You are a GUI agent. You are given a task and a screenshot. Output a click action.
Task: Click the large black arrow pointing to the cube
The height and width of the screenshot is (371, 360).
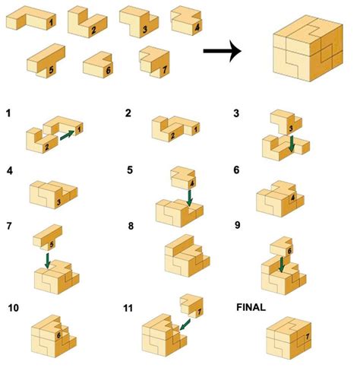[222, 52]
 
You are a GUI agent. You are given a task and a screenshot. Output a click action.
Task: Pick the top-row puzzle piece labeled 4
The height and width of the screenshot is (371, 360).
[186, 21]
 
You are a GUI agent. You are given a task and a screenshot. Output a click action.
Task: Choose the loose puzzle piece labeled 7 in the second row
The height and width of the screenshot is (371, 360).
[155, 62]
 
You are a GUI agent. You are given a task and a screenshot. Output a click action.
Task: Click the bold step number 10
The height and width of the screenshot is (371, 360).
[13, 307]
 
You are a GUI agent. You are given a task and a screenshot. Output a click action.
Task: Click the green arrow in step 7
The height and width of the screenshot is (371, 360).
[47, 261]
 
